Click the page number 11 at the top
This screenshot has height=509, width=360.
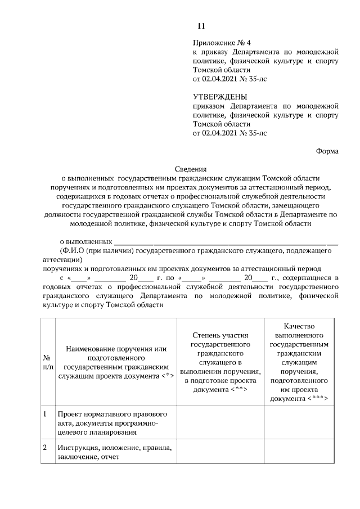coord(201,26)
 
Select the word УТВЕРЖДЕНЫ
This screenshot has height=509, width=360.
coord(216,97)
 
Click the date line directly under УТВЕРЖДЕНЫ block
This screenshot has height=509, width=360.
coord(229,133)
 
